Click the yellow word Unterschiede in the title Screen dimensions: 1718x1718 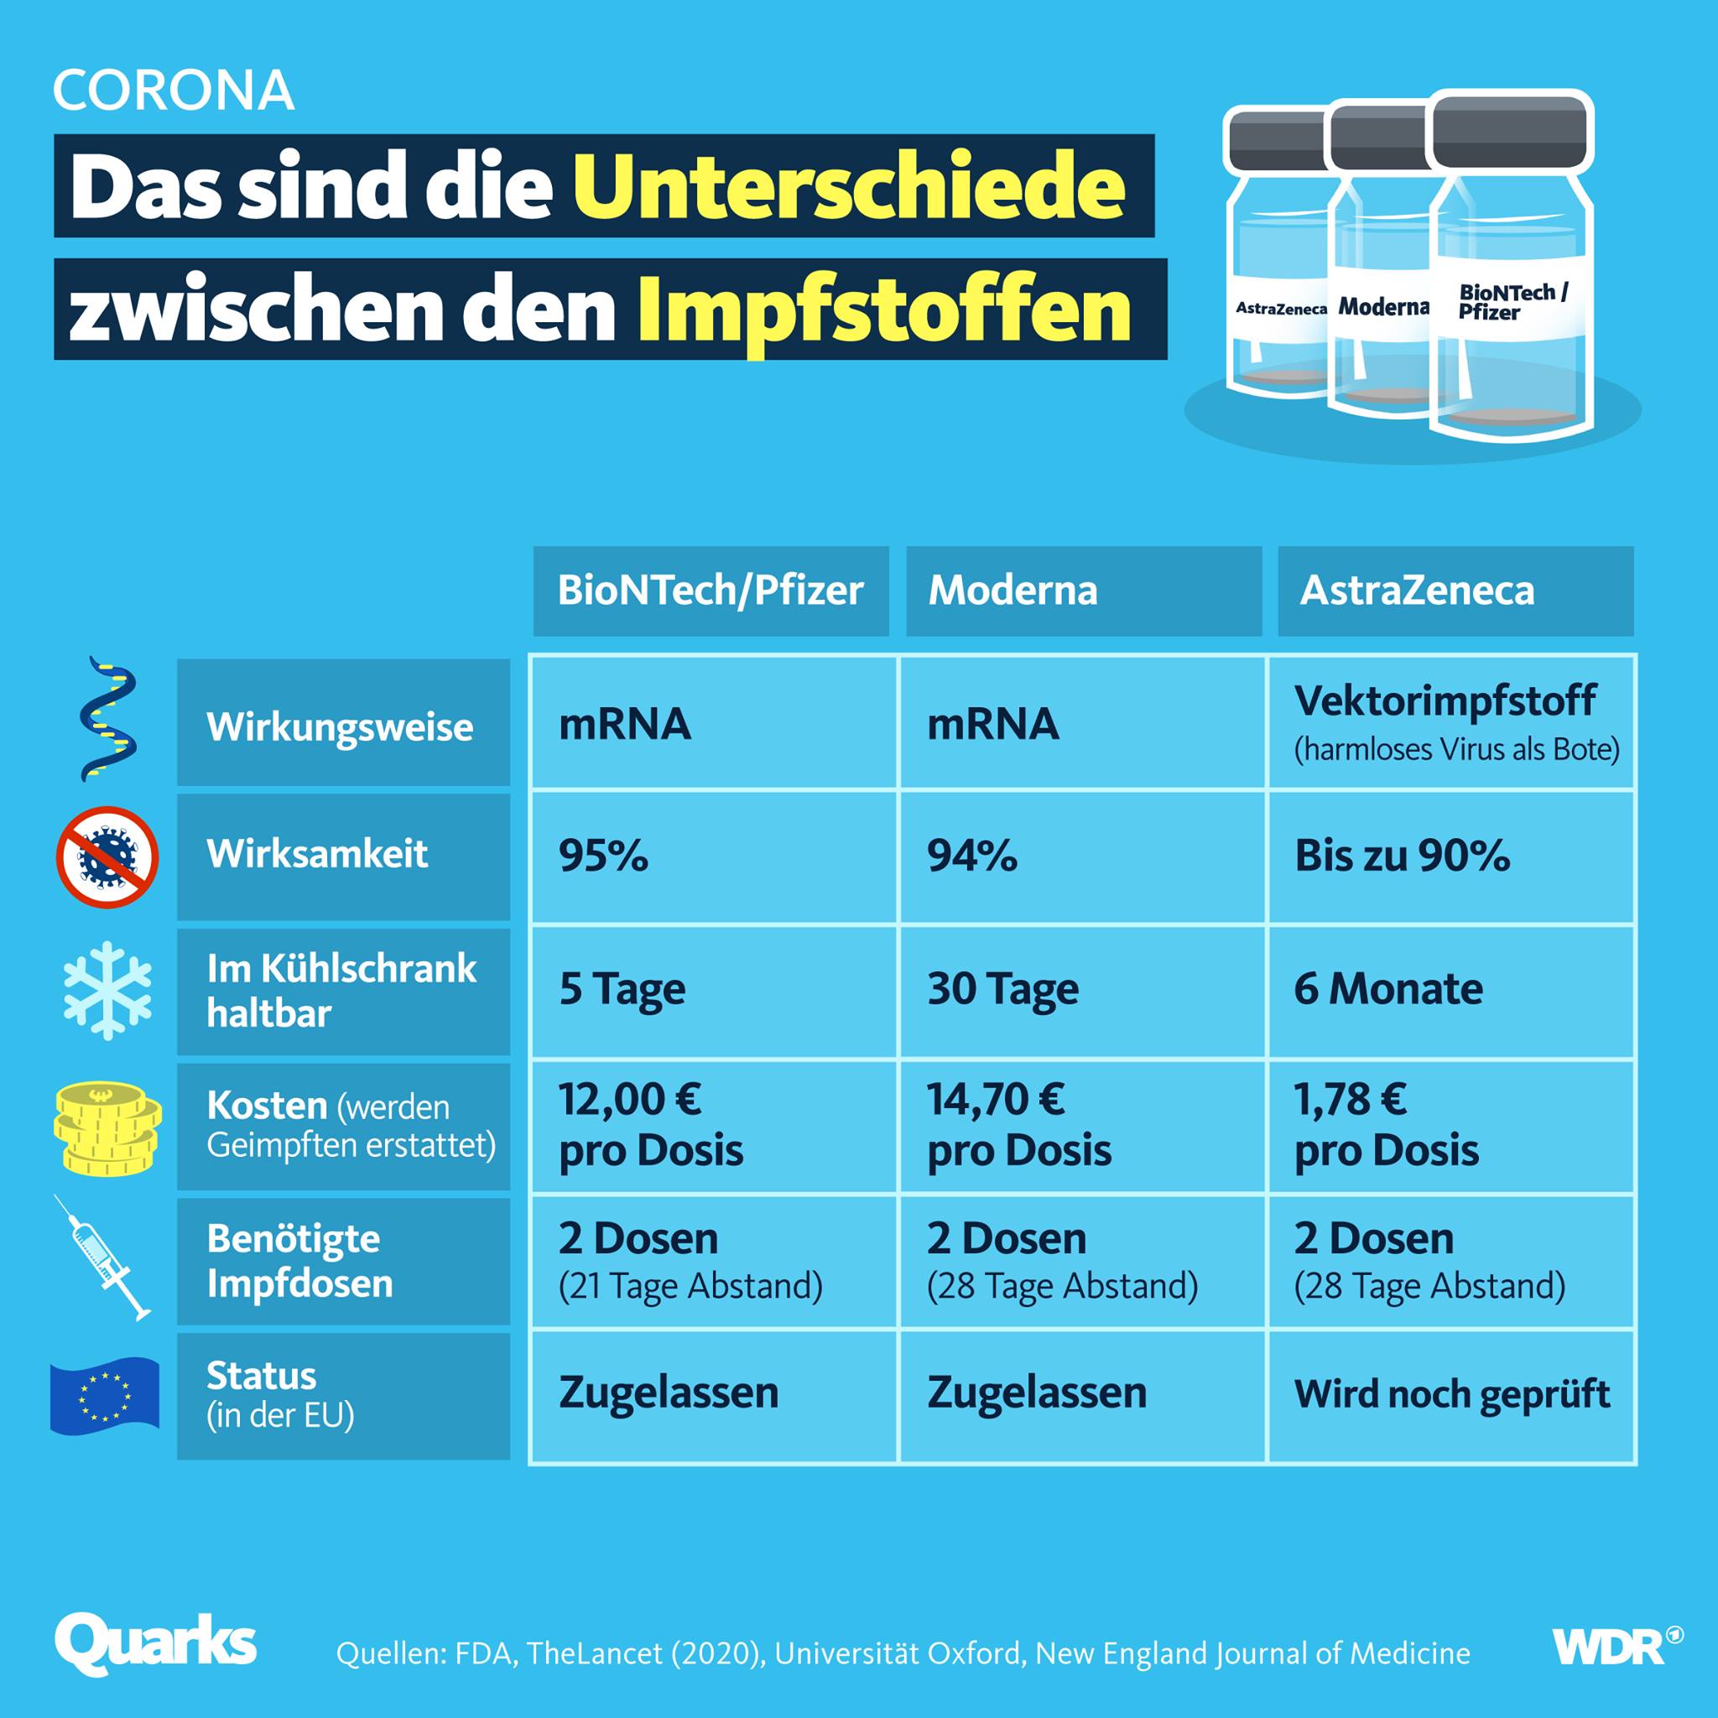coord(849,187)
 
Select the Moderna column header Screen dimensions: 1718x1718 coord(1084,591)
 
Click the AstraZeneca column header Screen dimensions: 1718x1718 coord(1455,591)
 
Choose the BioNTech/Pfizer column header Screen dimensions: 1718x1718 coord(711,591)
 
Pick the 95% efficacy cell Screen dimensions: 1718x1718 coord(714,856)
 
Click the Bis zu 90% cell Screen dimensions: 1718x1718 coord(1451,856)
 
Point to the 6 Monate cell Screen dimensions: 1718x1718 coord(1451,991)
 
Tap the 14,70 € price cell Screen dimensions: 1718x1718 coord(1083,1126)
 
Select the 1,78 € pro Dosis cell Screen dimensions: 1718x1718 coord(1451,1126)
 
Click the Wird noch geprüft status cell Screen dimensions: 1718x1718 coord(1451,1395)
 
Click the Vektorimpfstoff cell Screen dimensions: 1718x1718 coord(1451,722)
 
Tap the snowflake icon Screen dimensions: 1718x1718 coord(107,991)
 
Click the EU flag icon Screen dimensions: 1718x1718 coord(105,1397)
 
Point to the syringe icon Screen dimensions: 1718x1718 coord(102,1257)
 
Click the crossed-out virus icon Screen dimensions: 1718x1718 coord(107,857)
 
